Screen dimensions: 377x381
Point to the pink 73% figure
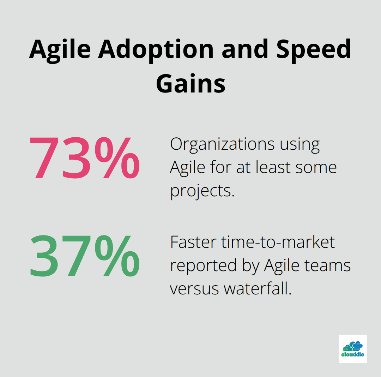click(84, 158)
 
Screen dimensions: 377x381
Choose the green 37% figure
click(84, 256)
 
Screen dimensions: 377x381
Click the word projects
click(202, 191)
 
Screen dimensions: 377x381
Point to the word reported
click(202, 265)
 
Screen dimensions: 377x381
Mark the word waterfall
click(258, 289)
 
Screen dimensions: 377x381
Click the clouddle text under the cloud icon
click(353, 354)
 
